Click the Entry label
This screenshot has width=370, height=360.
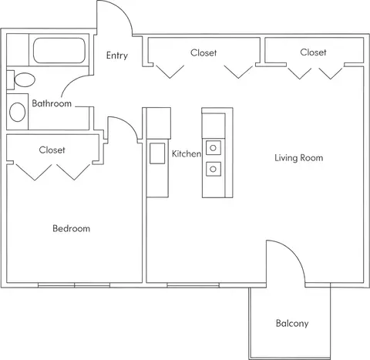tap(117, 56)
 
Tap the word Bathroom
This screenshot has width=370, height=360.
tap(52, 103)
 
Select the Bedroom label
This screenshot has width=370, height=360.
tap(71, 228)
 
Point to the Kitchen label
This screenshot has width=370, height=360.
tap(187, 153)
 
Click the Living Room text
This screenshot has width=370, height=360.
tap(299, 158)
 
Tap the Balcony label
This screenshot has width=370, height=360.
tap(292, 323)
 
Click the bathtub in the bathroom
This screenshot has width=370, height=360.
tap(59, 50)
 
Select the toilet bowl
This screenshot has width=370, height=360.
tap(25, 79)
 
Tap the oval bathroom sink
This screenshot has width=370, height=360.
tap(17, 112)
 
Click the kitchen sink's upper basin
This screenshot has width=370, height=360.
tap(214, 148)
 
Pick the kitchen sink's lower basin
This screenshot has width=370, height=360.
tap(214, 169)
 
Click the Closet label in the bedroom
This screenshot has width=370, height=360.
tap(52, 150)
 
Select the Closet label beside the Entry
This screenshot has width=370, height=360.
tap(203, 52)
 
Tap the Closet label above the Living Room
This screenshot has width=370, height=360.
tap(313, 52)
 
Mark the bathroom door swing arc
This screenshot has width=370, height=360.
tap(71, 82)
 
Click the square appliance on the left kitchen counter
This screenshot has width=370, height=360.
tap(157, 153)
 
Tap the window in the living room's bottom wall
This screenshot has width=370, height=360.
tap(193, 285)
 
